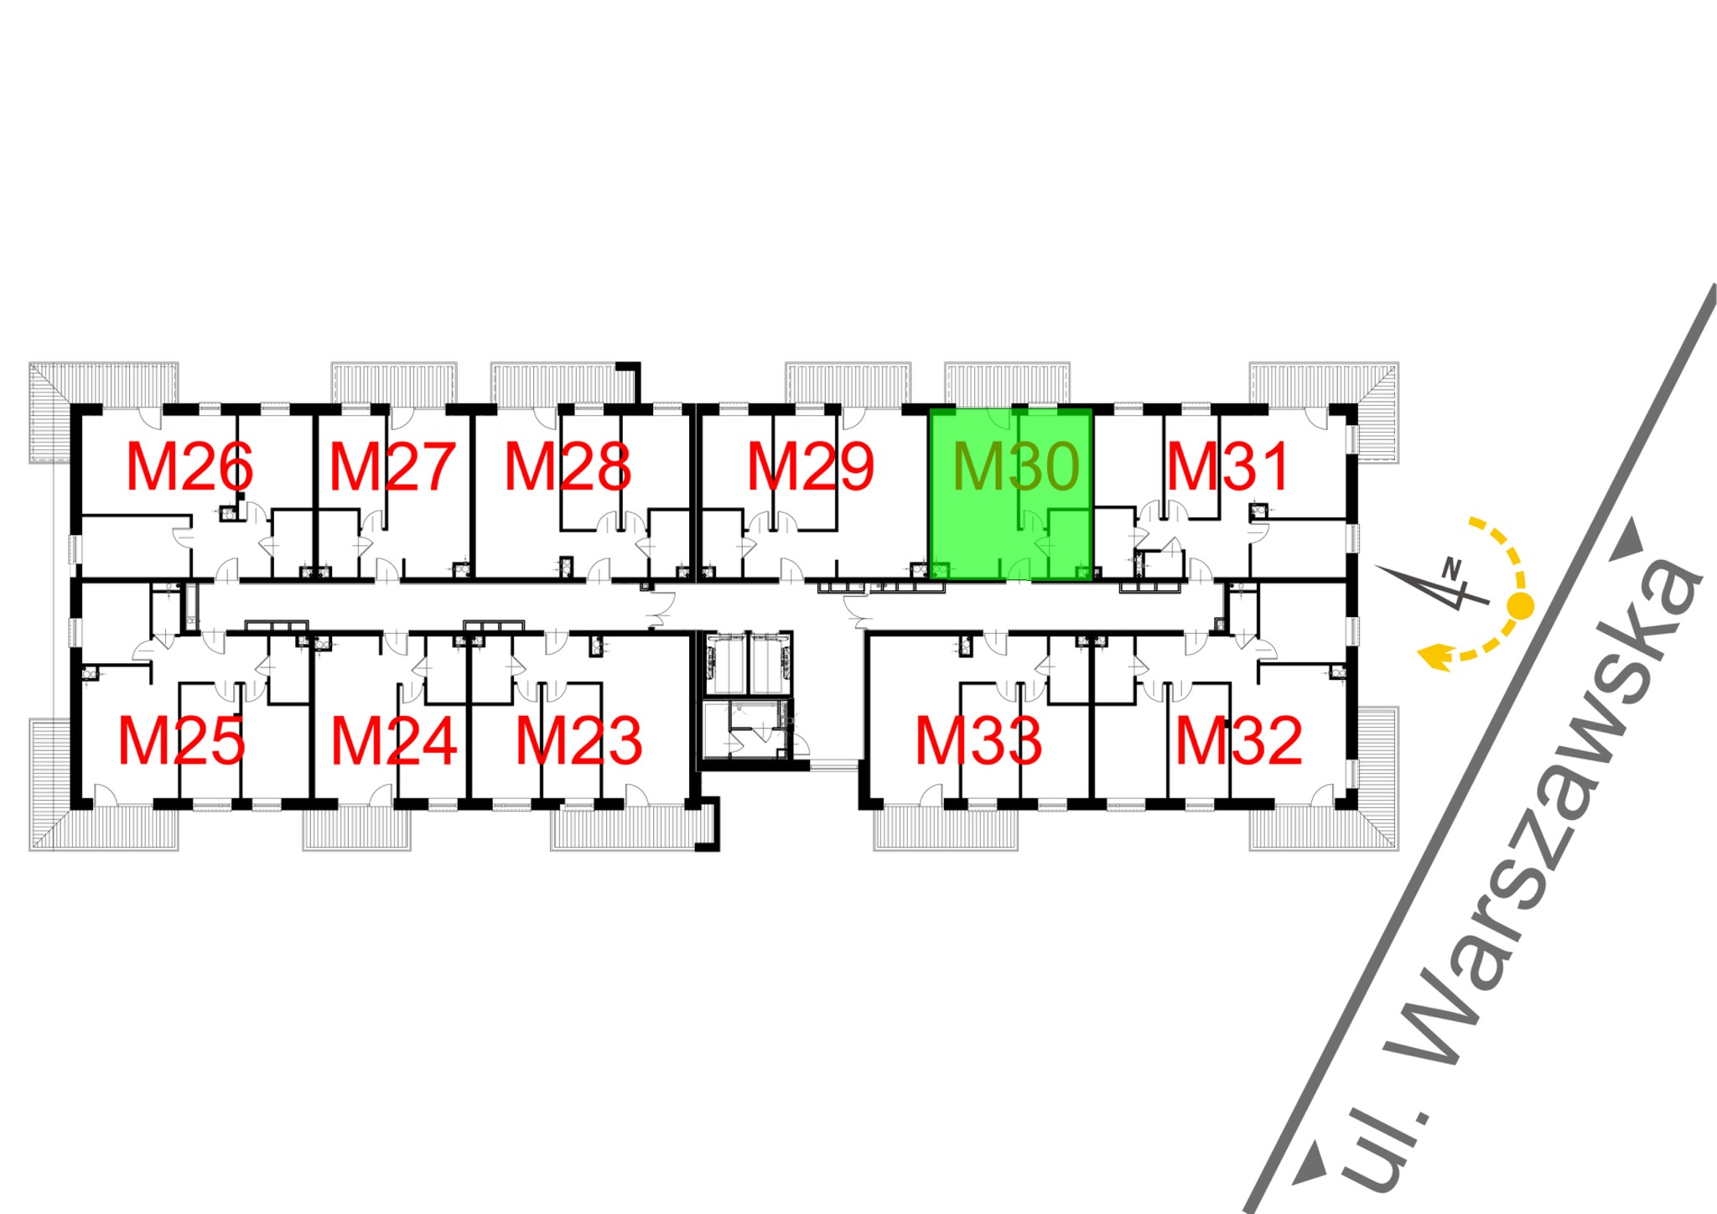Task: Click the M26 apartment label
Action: [x=189, y=467]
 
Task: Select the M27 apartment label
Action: [x=392, y=467]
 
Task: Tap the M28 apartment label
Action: [x=568, y=467]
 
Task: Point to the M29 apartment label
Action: [x=810, y=467]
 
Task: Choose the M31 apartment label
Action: [x=1228, y=467]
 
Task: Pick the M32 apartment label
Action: [x=1238, y=741]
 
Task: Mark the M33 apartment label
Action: [x=978, y=741]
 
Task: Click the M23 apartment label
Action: [x=578, y=741]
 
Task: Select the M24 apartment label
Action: [x=394, y=741]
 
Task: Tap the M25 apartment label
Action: [x=181, y=741]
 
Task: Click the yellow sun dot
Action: [x=1520, y=604]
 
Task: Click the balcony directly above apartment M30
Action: [x=1007, y=384]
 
